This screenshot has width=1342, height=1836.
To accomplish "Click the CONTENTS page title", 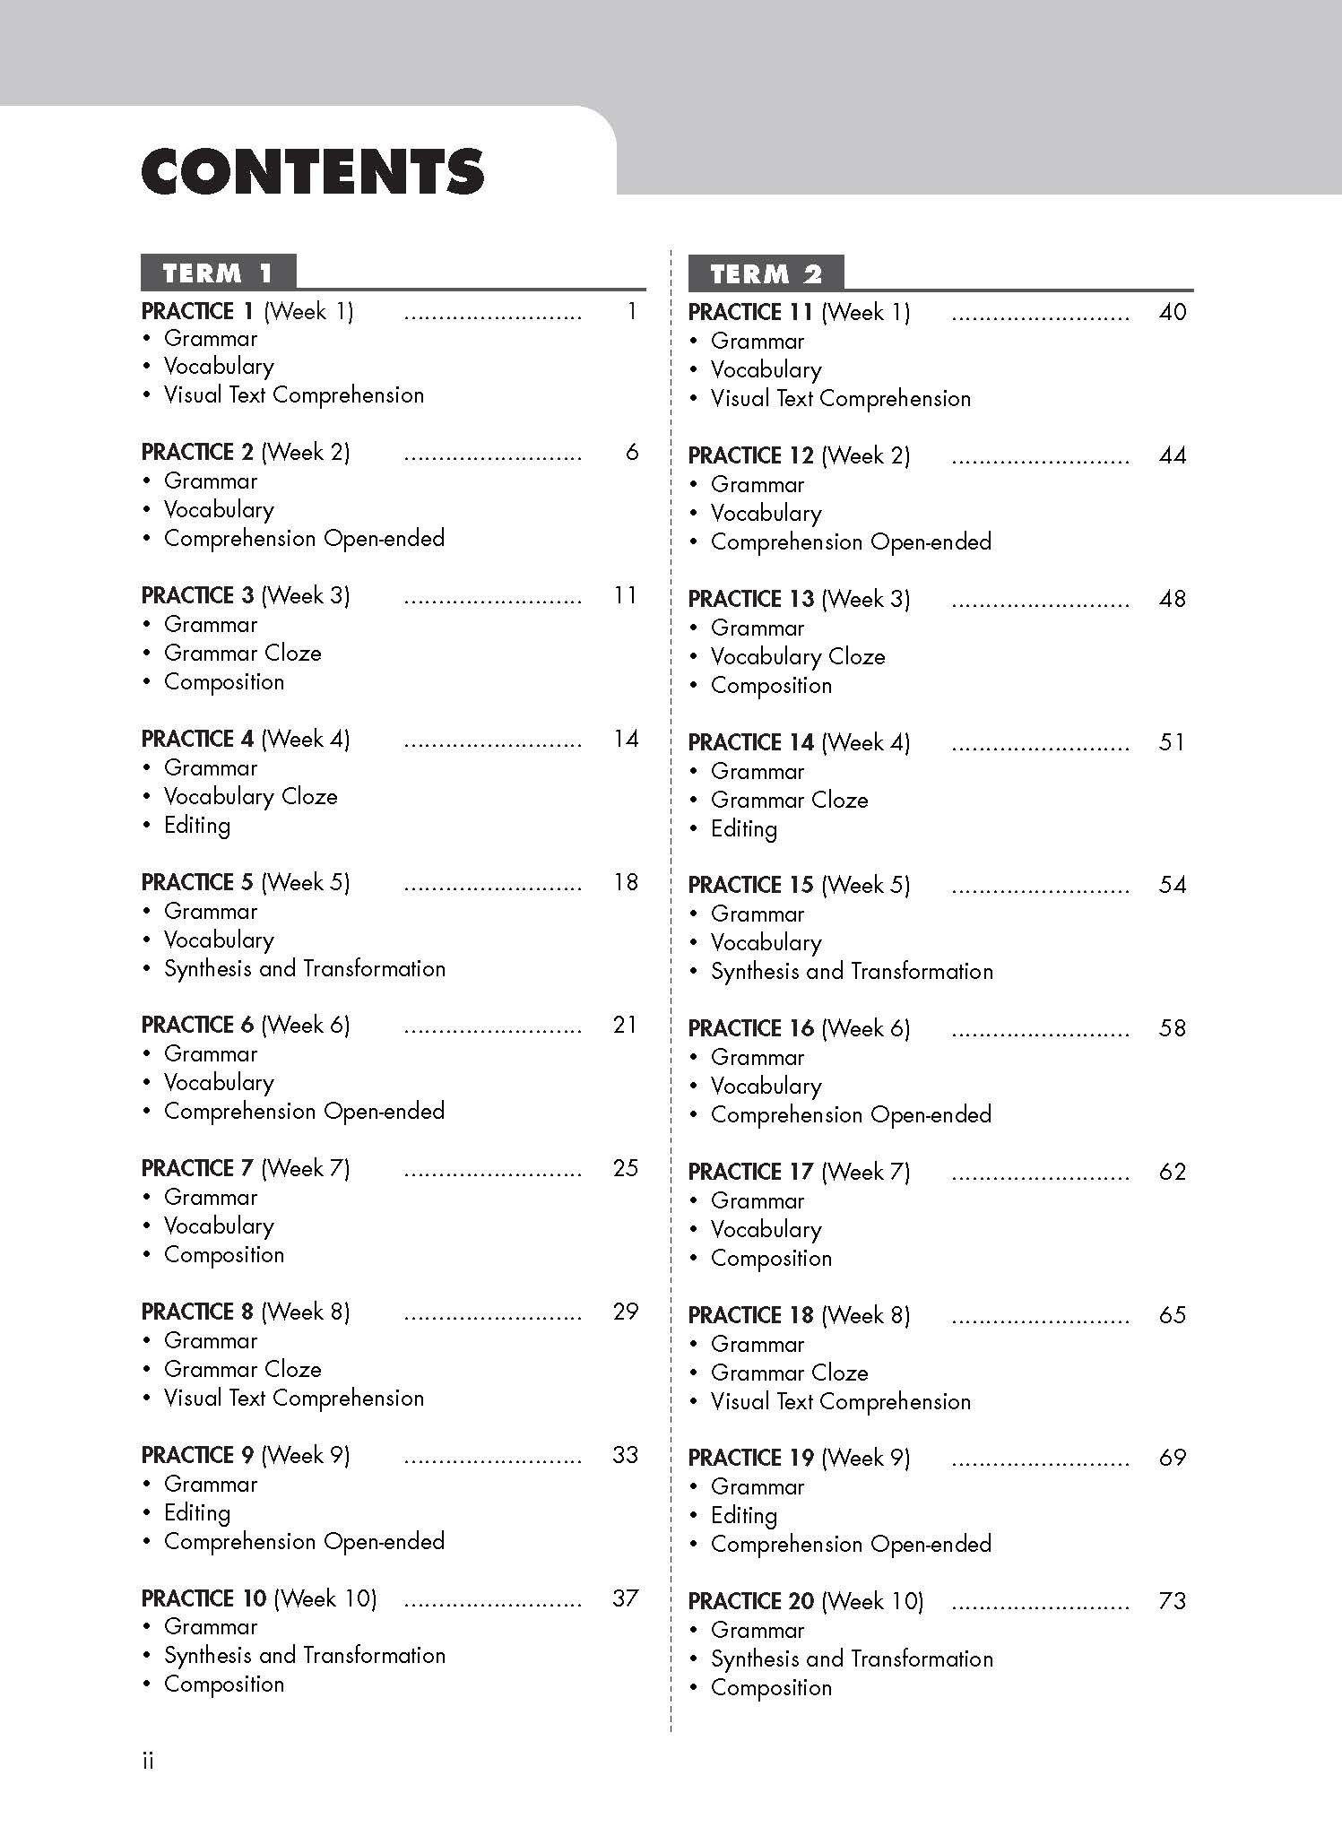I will point(313,172).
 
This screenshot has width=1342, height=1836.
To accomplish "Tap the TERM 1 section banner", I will point(218,273).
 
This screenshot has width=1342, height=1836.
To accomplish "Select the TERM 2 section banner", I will point(766,273).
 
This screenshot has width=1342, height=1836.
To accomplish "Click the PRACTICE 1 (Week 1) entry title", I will point(247,312).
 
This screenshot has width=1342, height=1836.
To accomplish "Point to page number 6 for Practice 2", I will point(632,453).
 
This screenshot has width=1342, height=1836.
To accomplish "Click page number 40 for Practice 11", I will point(1173,312).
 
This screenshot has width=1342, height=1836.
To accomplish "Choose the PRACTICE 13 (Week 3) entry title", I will point(799,599).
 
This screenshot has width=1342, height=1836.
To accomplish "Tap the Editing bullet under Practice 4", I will point(196,826).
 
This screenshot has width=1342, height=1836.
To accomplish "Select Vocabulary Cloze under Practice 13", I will point(798,657).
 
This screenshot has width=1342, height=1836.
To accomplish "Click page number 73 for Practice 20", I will point(1173,1601).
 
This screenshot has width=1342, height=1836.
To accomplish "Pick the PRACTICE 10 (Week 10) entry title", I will point(259,1598).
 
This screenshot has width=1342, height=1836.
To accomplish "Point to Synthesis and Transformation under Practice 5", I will point(305,969).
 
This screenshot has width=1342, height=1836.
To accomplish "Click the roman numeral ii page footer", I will point(148,1762).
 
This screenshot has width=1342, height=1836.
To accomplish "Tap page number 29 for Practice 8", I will point(626,1312).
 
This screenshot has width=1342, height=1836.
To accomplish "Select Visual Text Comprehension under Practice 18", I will point(841,1402).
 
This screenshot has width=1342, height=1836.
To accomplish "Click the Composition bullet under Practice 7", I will point(224,1255).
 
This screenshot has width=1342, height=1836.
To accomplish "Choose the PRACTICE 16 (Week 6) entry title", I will point(799,1028).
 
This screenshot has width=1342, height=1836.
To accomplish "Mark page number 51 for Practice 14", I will point(1173,742).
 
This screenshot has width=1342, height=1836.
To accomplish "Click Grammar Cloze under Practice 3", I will point(242,654).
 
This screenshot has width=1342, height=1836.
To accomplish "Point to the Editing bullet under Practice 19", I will point(743,1516).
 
